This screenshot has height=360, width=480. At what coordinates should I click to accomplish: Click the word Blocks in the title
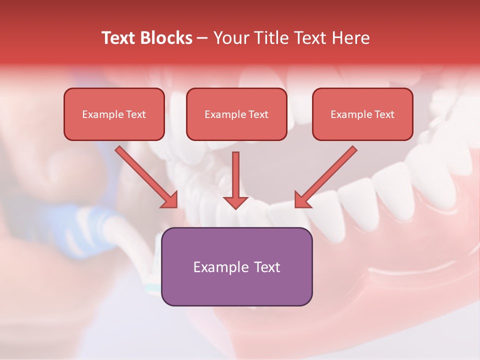click(x=167, y=38)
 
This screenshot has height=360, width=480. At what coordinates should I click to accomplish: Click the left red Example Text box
click(x=114, y=114)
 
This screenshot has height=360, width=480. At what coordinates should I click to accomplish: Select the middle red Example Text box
click(x=236, y=114)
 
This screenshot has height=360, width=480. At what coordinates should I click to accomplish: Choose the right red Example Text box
click(x=362, y=114)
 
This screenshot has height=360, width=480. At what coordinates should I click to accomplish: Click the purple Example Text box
click(x=236, y=267)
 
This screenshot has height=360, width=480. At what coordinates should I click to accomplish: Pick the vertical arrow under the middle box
click(x=235, y=177)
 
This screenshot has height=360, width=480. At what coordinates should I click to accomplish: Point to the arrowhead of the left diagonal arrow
click(x=170, y=200)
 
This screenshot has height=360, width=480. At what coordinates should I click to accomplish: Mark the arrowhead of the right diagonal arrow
click(x=302, y=200)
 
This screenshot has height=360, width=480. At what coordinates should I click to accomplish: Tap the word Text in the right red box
click(x=384, y=114)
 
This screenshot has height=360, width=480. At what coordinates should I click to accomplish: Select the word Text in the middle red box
click(x=258, y=114)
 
